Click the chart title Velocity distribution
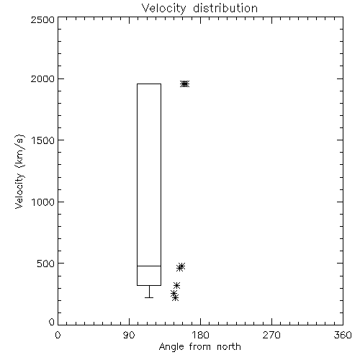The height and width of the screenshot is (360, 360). (x=199, y=9)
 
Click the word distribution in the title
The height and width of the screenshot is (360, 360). (x=225, y=8)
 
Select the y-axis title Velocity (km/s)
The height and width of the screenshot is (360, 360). (x=19, y=172)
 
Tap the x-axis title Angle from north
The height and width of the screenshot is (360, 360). (x=199, y=347)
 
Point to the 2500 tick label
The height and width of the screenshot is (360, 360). (x=42, y=19)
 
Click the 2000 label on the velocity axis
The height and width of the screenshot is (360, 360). (x=42, y=78)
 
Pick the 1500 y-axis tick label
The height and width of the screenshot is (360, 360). (x=43, y=140)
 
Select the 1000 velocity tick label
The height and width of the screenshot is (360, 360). (x=43, y=202)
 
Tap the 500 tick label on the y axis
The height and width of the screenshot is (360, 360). (x=45, y=264)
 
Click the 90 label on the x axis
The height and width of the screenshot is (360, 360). (x=129, y=335)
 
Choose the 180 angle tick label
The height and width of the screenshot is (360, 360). (x=200, y=335)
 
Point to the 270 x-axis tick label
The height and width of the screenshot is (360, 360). (x=271, y=335)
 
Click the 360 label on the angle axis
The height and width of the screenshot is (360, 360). (x=343, y=335)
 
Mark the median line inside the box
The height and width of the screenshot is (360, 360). (x=149, y=266)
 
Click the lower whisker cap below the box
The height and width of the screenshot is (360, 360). (x=149, y=297)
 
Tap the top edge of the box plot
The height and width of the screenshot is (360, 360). (x=149, y=84)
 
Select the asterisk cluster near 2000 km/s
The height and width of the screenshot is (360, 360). (x=185, y=84)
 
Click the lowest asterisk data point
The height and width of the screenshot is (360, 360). (x=176, y=298)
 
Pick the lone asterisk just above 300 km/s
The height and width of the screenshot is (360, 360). (x=177, y=285)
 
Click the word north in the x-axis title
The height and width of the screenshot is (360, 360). (x=228, y=347)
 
